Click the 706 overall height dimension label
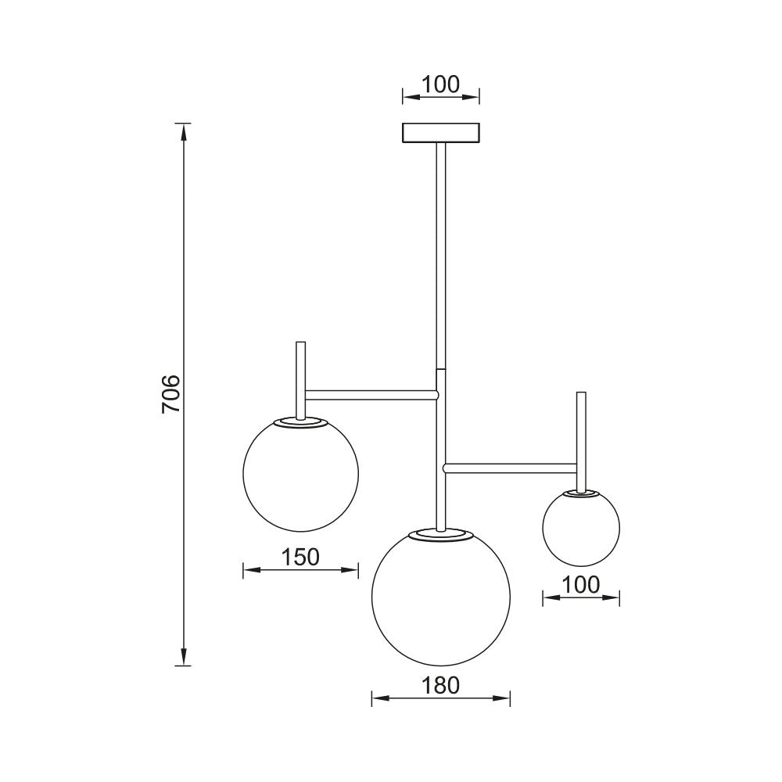point(171,394)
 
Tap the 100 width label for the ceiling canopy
point(440,84)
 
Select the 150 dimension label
point(300,557)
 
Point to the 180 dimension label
point(440,684)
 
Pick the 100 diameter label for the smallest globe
point(580,585)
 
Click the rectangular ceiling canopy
point(440,133)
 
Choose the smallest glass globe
point(581,527)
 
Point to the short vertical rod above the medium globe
point(300,375)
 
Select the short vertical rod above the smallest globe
point(581,438)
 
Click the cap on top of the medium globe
point(301,422)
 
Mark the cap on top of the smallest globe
point(581,493)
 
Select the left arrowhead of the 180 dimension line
point(377,698)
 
